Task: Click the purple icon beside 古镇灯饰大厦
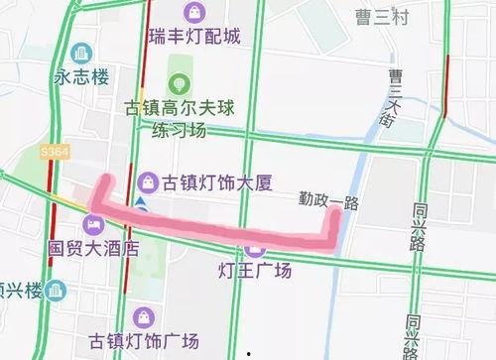[147, 181]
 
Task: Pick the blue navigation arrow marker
[143, 203]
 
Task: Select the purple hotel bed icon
[92, 222]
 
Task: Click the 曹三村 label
[382, 15]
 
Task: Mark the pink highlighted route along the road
[218, 225]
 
